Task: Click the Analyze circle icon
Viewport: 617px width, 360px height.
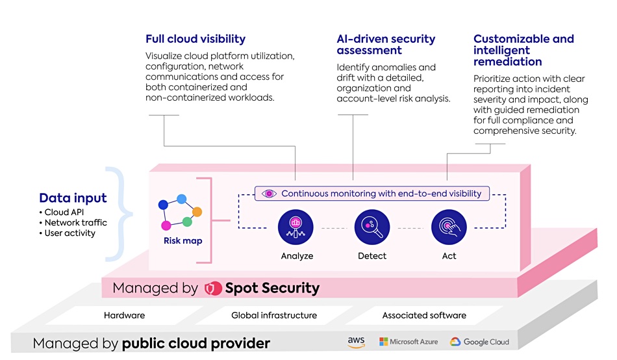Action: (296, 227)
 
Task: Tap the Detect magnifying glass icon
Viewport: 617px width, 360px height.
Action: (372, 227)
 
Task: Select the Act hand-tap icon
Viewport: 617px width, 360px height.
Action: (449, 227)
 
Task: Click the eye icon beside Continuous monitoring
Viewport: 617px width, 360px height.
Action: (269, 194)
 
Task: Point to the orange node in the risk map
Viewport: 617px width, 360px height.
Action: (197, 212)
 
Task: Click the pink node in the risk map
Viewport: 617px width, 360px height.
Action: (166, 225)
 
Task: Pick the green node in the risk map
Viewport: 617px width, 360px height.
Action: (187, 222)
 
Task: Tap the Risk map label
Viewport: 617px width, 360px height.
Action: (183, 240)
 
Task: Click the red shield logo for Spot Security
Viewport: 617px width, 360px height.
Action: (213, 289)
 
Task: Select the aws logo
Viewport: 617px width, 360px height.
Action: (356, 342)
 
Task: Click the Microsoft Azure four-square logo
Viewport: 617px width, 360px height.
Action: (383, 342)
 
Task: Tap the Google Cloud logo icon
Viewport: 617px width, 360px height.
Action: (455, 342)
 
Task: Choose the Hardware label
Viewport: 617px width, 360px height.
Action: (124, 315)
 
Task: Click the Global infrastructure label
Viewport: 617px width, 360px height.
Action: (274, 315)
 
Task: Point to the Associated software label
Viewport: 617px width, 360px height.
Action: (424, 315)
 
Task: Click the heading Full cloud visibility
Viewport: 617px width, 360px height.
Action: (195, 39)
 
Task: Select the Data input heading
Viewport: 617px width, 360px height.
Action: (73, 198)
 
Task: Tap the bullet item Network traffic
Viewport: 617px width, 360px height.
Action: (75, 222)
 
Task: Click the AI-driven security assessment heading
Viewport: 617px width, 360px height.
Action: (386, 44)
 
